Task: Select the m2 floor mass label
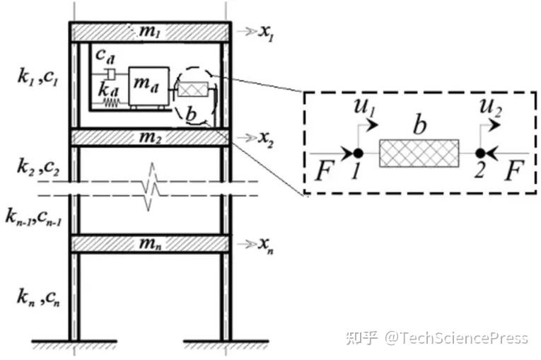[150, 137]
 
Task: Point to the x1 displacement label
[266, 33]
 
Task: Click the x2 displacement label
[266, 138]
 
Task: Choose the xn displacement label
[266, 245]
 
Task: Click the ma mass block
[148, 88]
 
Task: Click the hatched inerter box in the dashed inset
[419, 153]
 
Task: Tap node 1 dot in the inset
[359, 153]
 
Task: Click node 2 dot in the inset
[480, 153]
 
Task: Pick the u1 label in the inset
[361, 108]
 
